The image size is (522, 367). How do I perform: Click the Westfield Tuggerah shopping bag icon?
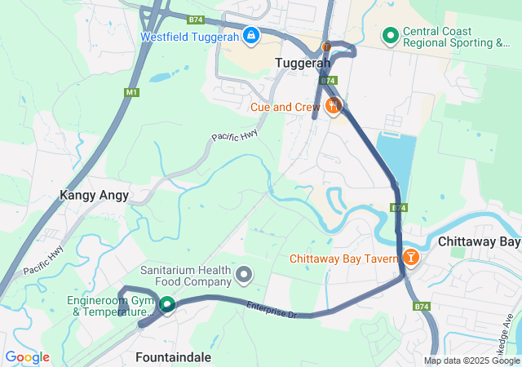coord(251,36)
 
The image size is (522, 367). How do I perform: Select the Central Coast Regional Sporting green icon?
coord(391,36)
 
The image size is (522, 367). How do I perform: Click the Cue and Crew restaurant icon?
coord(333,106)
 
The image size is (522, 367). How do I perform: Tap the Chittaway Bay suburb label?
coord(479,242)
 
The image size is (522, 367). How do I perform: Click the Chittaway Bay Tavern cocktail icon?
coord(410,259)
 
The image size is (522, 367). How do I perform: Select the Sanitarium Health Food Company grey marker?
coord(243,276)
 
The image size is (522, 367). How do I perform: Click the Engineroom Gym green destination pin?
coord(167,305)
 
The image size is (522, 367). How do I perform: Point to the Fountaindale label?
coord(173,357)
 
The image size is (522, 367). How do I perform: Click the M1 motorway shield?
coord(131,93)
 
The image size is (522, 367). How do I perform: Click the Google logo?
coord(27,357)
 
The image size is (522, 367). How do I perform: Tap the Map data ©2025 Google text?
coord(471,360)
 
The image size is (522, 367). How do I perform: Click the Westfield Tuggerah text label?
coord(189,37)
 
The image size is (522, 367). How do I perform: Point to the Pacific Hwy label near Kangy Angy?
coord(43,260)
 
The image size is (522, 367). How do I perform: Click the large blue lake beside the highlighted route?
coord(396,163)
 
